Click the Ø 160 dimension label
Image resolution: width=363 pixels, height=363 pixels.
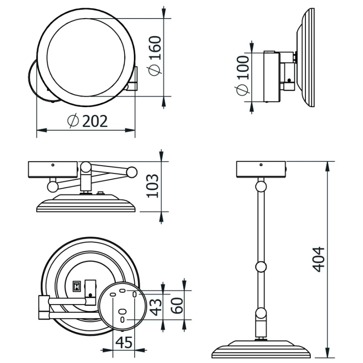pyautogui.click(x=154, y=56)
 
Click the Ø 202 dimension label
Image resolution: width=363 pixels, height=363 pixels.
pyautogui.click(x=88, y=121)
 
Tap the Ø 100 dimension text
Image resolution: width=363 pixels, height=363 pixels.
pyautogui.click(x=243, y=75)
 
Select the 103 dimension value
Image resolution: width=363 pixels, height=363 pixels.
pyautogui.click(x=152, y=186)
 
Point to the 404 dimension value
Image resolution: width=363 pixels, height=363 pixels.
pyautogui.click(x=319, y=259)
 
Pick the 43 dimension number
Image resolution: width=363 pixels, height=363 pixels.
pyautogui.click(x=155, y=307)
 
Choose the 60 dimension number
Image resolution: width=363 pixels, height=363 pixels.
pyautogui.click(x=177, y=305)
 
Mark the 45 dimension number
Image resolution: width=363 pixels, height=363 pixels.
pyautogui.click(x=124, y=343)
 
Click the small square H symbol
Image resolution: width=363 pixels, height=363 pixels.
pyautogui.click(x=77, y=286)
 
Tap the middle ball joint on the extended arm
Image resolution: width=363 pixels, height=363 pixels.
pyautogui.click(x=261, y=267)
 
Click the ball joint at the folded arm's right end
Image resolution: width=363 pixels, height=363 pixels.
pyautogui.click(x=132, y=172)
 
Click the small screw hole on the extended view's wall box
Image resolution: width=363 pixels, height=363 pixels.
pyautogui.click(x=261, y=165)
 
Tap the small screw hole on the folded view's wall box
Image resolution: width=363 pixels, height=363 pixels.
pyautogui.click(x=53, y=165)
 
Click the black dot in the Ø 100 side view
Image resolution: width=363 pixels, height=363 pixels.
pyautogui.click(x=289, y=80)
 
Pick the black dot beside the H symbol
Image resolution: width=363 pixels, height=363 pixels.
pyautogui.click(x=90, y=295)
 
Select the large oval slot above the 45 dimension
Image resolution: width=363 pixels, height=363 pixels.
pyautogui.click(x=123, y=311)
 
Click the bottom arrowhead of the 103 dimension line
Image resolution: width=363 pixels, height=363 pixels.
pyautogui.click(x=162, y=217)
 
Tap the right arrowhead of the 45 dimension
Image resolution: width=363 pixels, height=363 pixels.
pyautogui.click(x=140, y=350)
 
